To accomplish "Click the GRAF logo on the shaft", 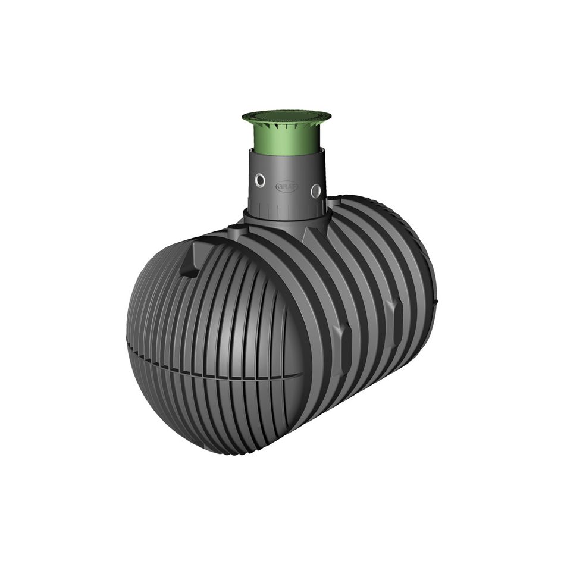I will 286,186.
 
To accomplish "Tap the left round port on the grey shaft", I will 260,180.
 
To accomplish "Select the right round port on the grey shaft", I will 315,190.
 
